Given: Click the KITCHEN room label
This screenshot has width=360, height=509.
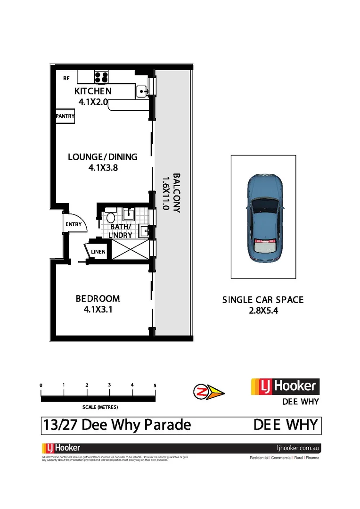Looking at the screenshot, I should point(93,91).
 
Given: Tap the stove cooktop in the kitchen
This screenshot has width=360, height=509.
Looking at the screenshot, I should point(101,77).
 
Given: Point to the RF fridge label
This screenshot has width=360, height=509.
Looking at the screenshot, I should point(66,79).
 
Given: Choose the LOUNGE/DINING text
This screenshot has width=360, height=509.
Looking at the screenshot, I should point(102,156).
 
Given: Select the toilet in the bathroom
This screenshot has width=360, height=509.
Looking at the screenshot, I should point(110,218).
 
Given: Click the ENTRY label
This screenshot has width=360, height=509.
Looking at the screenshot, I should point(74,224).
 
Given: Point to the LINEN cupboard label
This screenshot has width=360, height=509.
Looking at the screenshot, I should point(98,252).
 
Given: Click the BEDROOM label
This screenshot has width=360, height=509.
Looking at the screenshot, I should point(98,298).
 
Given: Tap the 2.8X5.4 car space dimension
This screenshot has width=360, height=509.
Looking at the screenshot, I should point(262,311).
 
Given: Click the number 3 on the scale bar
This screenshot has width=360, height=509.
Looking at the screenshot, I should point(109,385).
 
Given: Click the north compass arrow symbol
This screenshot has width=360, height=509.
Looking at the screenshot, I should point(209,392).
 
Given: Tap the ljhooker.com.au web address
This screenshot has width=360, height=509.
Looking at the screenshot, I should point(298,448).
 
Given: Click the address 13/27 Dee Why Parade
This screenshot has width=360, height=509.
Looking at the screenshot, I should point(117,425).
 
